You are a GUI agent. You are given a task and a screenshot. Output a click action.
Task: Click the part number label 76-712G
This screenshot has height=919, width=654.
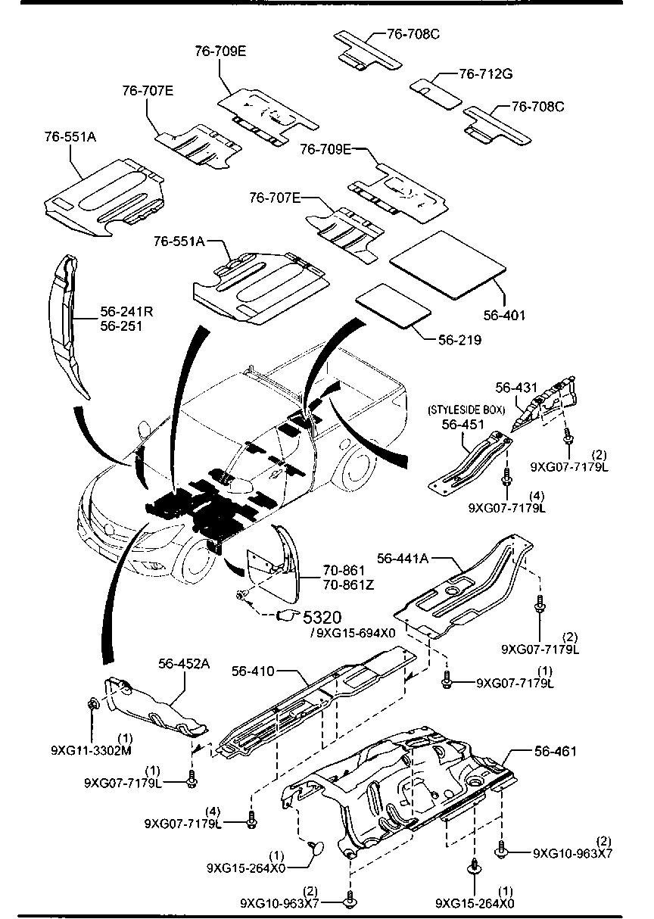click(486, 74)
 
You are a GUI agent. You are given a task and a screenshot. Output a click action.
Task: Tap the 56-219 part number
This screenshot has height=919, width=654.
click(459, 340)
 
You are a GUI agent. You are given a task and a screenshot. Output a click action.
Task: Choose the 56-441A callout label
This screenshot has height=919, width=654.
click(403, 558)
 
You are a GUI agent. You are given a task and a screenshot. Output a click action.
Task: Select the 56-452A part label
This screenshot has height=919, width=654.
click(184, 664)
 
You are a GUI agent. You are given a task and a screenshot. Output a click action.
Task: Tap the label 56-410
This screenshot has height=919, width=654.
click(253, 671)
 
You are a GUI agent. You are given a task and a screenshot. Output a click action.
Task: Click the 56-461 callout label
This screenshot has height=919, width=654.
click(555, 752)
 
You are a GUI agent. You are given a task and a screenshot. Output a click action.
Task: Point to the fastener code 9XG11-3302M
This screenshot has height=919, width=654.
click(92, 750)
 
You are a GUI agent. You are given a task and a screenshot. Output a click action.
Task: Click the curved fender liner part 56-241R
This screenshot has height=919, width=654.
click(70, 326)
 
